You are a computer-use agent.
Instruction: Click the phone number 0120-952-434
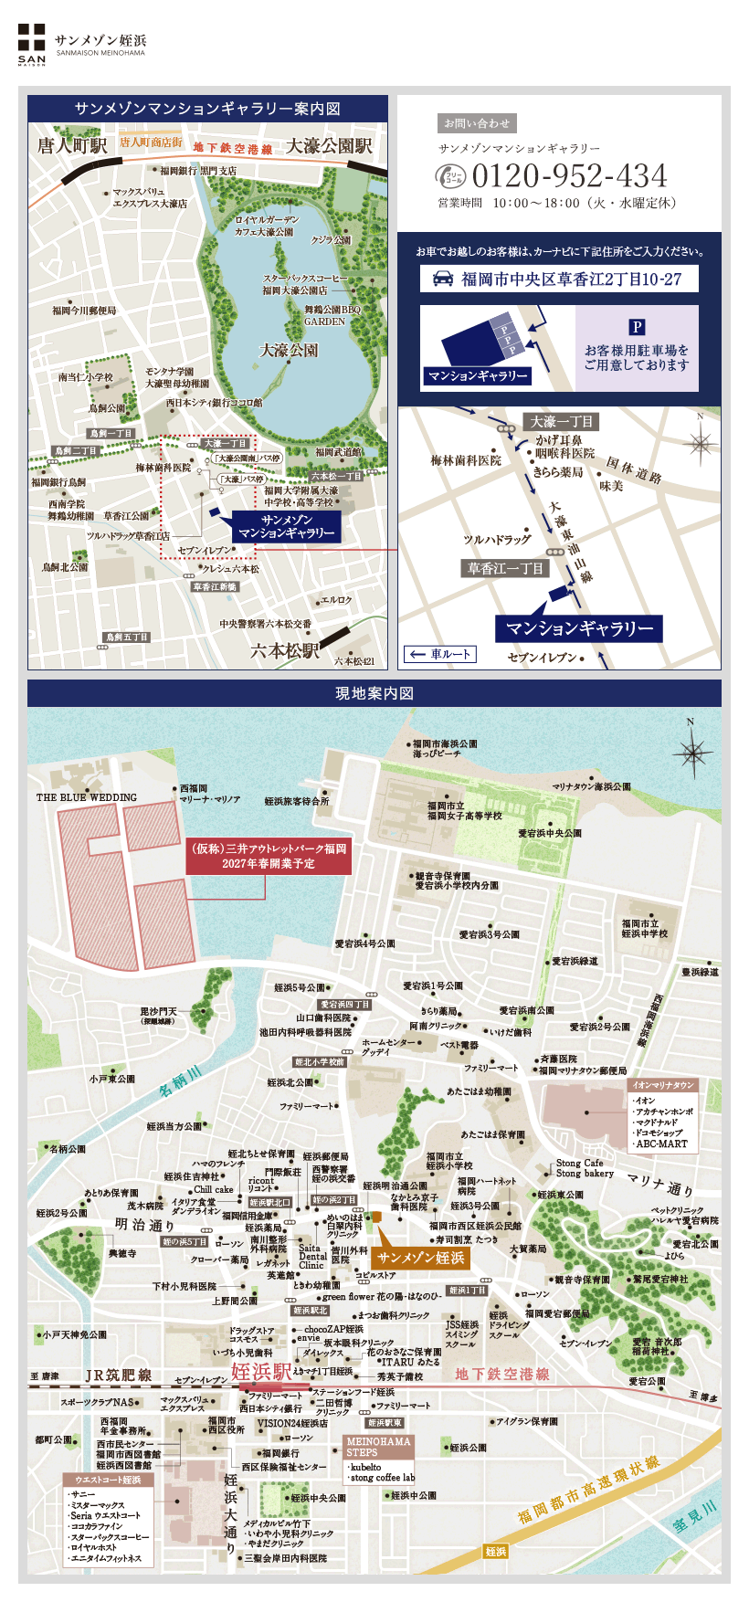(568, 175)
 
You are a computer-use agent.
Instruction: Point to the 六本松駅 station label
(285, 651)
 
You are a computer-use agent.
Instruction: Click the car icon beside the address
(443, 279)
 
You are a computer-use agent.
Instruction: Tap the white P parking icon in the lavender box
(637, 327)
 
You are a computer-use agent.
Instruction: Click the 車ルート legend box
(440, 654)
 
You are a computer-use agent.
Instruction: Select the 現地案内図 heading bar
(374, 693)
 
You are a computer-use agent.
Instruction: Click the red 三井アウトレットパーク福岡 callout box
(269, 855)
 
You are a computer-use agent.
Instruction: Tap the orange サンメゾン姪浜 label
(421, 1259)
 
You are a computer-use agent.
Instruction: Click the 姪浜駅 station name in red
(260, 1372)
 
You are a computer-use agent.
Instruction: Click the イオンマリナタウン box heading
(664, 1085)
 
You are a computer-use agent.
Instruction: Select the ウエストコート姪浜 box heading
(108, 1480)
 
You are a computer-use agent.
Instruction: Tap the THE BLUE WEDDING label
(86, 797)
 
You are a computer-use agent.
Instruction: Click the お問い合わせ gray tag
(477, 122)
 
